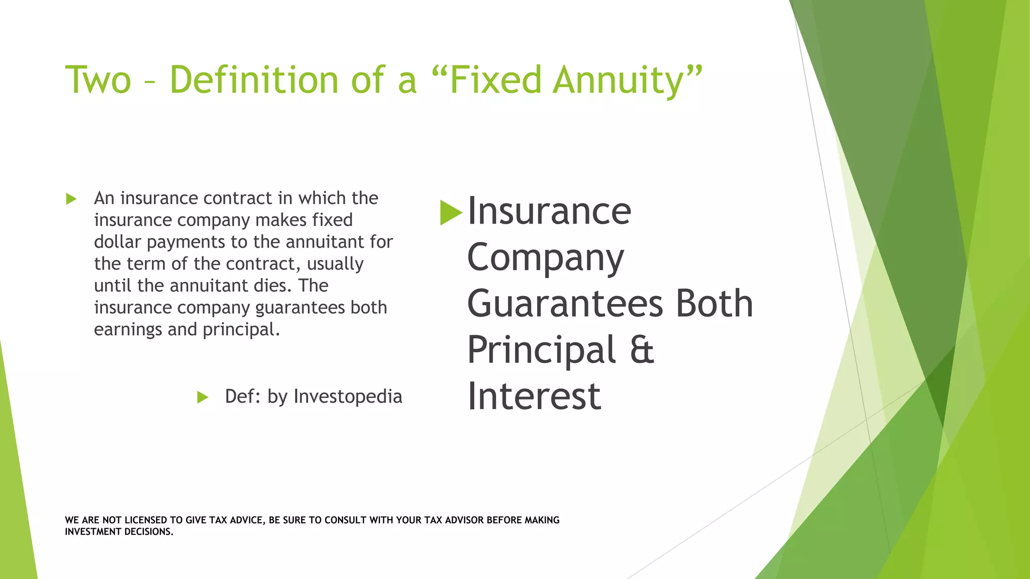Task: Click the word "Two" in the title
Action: [x=98, y=80]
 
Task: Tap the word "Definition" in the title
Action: [x=254, y=80]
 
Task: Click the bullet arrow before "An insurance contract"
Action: [x=71, y=199]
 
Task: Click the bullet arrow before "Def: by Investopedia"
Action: [x=202, y=398]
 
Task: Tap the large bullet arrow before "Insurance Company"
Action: [x=450, y=213]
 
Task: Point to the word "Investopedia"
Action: [x=348, y=397]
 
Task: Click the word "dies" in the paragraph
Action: [x=272, y=285]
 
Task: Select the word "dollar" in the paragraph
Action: [x=117, y=242]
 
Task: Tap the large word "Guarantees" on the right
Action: [x=565, y=304]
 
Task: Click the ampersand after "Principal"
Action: [x=642, y=350]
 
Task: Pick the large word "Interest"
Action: [x=534, y=397]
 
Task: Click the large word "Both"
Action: [x=714, y=304]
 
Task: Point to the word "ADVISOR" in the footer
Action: [x=464, y=520]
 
